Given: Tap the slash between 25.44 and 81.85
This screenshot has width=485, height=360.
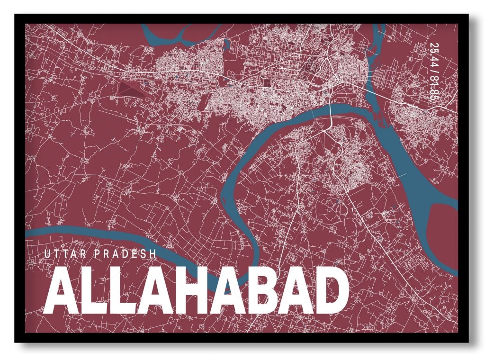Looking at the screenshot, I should [433, 72].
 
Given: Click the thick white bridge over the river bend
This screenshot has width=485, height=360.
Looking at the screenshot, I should [330, 111].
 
